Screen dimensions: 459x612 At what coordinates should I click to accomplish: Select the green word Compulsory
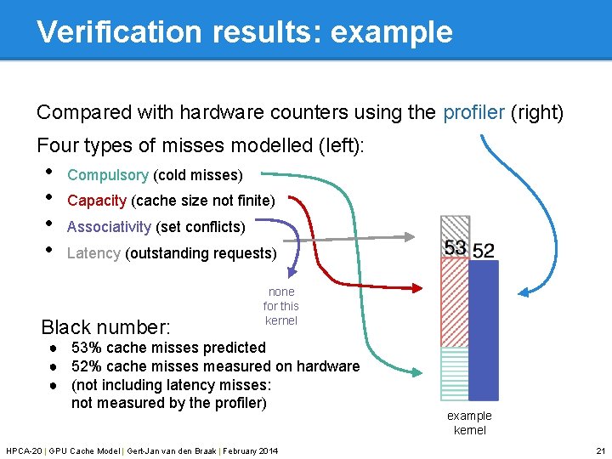(x=108, y=175)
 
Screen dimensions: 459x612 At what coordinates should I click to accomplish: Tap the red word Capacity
(x=97, y=201)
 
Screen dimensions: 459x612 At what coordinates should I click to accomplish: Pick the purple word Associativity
(x=109, y=227)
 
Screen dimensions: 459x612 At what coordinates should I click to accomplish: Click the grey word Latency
(x=93, y=253)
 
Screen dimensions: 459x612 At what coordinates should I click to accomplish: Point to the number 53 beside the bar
(x=456, y=247)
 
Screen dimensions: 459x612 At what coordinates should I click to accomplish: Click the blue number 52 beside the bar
(x=483, y=250)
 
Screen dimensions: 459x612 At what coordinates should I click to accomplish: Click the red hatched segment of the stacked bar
(x=455, y=302)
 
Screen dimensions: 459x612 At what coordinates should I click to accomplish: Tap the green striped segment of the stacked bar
(x=455, y=374)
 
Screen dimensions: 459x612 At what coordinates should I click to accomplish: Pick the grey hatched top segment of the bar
(x=455, y=227)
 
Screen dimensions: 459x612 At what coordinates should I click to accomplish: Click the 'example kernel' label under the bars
(x=469, y=422)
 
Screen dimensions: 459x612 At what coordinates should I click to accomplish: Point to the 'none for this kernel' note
(x=280, y=306)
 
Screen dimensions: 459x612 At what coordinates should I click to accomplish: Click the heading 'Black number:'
(x=106, y=327)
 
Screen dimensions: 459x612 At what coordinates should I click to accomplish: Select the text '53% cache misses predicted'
(x=168, y=348)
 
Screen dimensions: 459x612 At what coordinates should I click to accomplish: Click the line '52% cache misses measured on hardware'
(x=215, y=366)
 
